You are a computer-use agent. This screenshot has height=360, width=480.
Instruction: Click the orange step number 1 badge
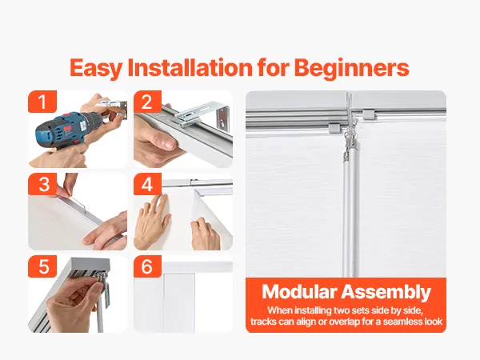click(x=42, y=102)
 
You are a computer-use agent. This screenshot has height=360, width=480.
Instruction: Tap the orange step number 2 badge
click(x=147, y=102)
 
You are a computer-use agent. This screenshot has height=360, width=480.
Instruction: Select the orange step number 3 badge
click(x=42, y=184)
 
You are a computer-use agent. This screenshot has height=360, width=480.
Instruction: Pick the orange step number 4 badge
click(x=147, y=184)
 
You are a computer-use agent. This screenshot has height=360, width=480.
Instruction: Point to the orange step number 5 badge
click(x=42, y=266)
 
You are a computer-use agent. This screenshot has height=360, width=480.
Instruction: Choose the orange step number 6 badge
click(x=147, y=266)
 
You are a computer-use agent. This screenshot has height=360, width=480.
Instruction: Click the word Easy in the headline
click(x=96, y=68)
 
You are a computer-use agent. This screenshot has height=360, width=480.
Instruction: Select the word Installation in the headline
click(x=190, y=67)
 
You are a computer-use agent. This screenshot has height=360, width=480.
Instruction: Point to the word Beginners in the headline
click(x=351, y=68)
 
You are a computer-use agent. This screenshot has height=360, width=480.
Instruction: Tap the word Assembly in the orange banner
click(x=386, y=292)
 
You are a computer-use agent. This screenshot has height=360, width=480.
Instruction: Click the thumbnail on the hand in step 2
click(x=168, y=143)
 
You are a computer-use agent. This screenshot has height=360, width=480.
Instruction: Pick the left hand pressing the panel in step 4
click(x=153, y=221)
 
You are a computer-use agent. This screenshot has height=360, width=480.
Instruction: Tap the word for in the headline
click(x=273, y=67)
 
